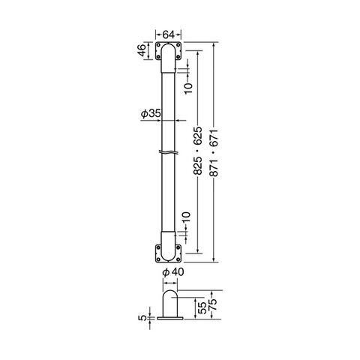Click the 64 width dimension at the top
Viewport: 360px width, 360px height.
(x=169, y=34)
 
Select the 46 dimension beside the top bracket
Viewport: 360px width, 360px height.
(x=141, y=50)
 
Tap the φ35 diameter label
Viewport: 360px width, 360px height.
(x=151, y=114)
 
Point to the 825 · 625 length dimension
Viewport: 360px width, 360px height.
(x=197, y=151)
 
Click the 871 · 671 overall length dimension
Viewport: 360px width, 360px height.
(x=214, y=153)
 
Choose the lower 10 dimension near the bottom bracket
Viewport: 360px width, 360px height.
(x=186, y=217)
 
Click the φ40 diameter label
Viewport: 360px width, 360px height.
(x=173, y=272)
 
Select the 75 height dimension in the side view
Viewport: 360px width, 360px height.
(x=212, y=304)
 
